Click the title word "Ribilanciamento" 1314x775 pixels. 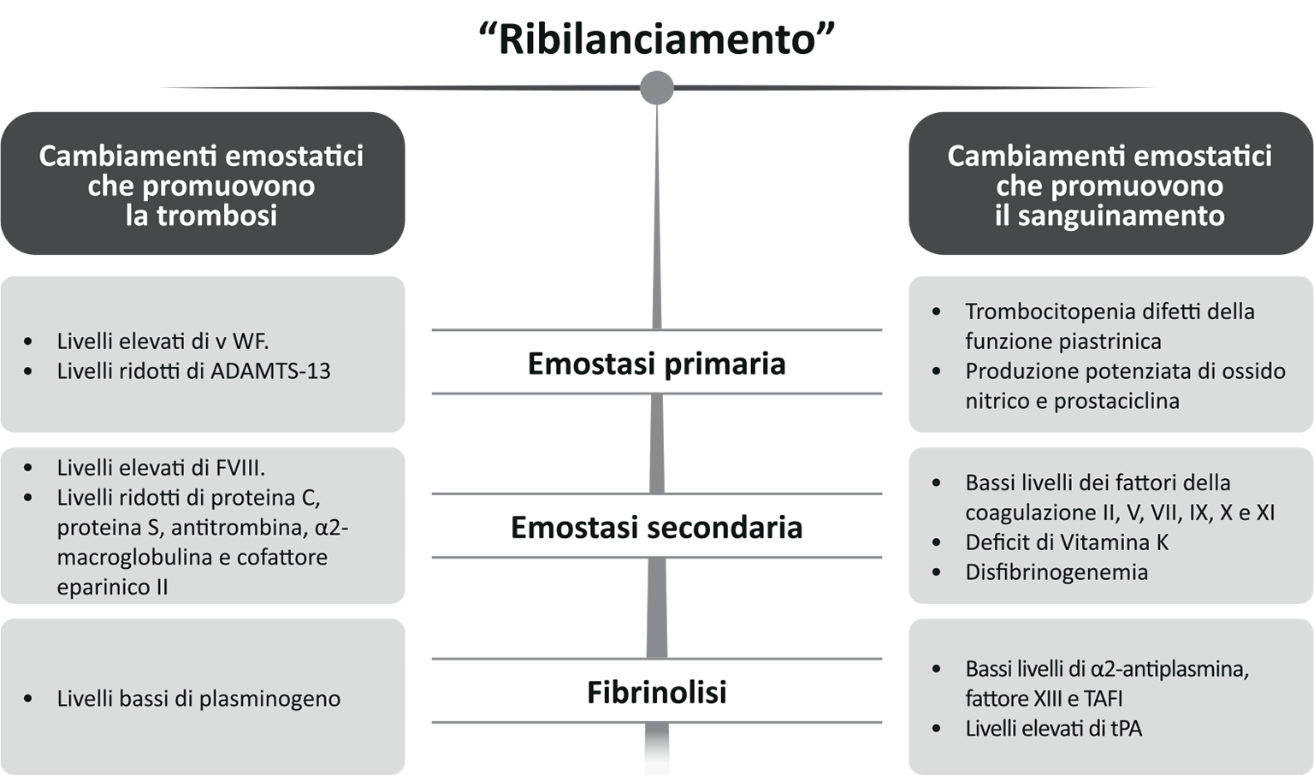point(656,39)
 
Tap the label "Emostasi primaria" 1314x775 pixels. point(656,364)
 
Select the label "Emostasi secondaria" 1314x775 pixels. point(656,527)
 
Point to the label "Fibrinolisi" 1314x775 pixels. point(656,692)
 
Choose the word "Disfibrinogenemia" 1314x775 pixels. point(1057,572)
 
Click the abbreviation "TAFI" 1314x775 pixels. point(1103,699)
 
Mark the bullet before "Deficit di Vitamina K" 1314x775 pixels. point(937,542)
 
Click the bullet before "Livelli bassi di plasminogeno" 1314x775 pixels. point(28,699)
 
